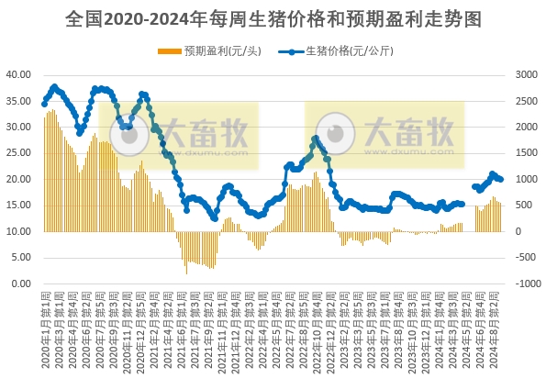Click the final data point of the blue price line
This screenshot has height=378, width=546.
(x=500, y=180)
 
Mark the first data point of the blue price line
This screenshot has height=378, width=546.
(x=44, y=104)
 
